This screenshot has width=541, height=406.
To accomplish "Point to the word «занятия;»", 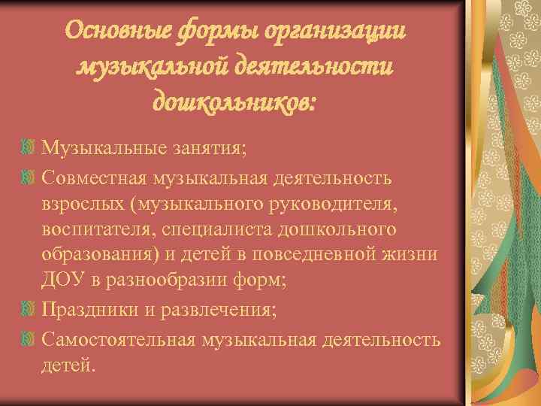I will click(206, 147).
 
